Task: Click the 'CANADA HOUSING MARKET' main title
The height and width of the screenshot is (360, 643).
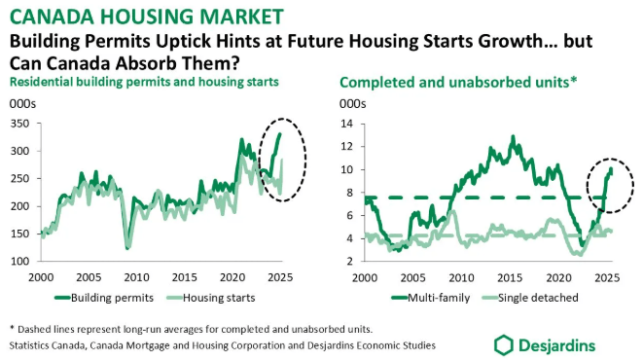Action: click(146, 17)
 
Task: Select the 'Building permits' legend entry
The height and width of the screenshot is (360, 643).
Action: click(104, 298)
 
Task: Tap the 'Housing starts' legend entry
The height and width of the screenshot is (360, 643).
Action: click(211, 298)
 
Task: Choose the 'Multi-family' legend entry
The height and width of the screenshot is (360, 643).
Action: click(431, 298)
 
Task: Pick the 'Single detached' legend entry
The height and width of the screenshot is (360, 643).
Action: click(530, 298)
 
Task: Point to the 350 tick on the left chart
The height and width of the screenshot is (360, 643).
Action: click(19, 124)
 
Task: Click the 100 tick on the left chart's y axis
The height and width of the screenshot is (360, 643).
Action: click(19, 261)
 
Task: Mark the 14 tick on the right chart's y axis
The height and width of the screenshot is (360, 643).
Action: click(347, 124)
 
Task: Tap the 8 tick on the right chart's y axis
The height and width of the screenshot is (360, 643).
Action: click(350, 193)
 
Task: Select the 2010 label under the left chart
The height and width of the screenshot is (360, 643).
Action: click(136, 277)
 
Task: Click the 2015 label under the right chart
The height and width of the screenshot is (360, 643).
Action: click(510, 277)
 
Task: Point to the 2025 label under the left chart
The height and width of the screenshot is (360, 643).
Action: click(280, 277)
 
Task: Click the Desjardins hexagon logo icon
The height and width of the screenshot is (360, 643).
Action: click(503, 345)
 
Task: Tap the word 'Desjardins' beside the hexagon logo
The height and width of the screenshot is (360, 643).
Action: click(556, 345)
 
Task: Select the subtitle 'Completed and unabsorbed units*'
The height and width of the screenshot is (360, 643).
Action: click(458, 83)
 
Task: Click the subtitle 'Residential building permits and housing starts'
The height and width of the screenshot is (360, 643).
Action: click(144, 82)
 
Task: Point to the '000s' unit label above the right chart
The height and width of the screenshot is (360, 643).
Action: click(353, 104)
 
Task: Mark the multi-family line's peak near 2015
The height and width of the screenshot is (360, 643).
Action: click(513, 136)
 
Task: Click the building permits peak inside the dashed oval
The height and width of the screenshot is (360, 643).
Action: click(280, 133)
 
